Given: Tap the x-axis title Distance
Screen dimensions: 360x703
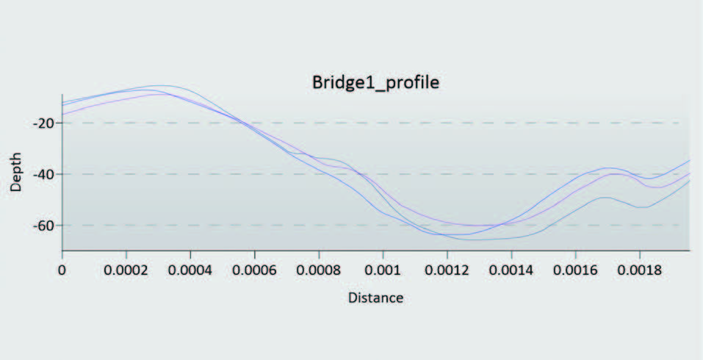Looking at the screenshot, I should [376, 298].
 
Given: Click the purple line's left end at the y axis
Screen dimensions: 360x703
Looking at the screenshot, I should [63, 114].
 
